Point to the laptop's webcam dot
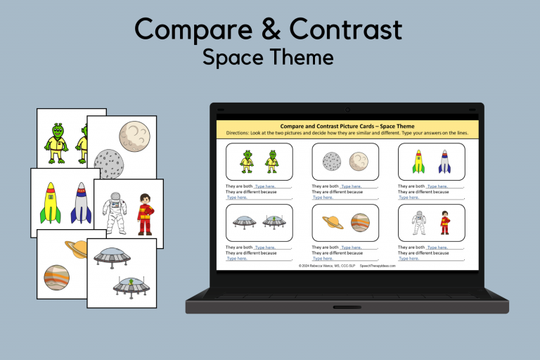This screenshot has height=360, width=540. click(x=347, y=110)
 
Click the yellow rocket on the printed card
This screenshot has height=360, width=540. click(x=51, y=202)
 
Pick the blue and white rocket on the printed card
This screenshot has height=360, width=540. click(x=82, y=203)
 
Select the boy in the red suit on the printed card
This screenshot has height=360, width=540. click(x=145, y=214)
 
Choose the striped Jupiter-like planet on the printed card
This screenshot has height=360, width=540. click(x=56, y=278)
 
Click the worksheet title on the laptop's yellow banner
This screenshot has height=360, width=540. click(x=347, y=127)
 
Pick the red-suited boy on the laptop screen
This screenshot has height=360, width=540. click(x=444, y=222)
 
